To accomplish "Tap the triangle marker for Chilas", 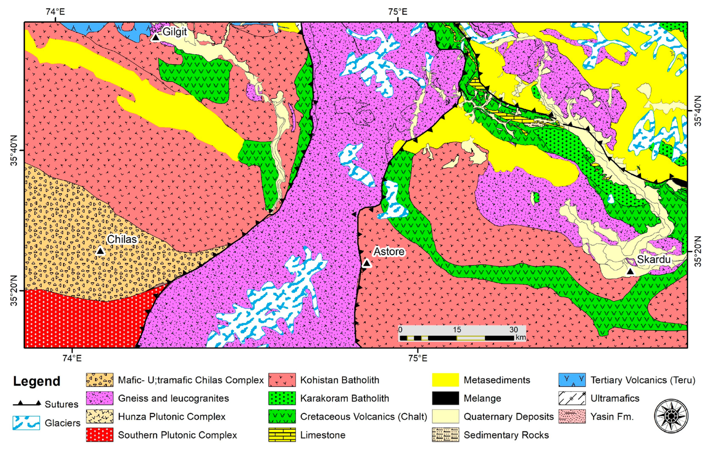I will [100, 251].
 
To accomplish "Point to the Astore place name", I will [389, 252].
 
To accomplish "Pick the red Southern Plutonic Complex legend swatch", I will [100, 435].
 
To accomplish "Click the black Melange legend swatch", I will [445, 398].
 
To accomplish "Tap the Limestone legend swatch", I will [282, 435].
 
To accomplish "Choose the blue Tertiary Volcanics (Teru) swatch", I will [572, 380].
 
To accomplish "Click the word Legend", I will [37, 381].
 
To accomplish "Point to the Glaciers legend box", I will [26, 423].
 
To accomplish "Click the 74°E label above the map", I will [55, 12].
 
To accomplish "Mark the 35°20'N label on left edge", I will [14, 291].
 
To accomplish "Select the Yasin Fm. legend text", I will [612, 416].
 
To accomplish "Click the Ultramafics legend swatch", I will [572, 398].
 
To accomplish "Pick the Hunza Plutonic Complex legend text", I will [171, 416].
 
